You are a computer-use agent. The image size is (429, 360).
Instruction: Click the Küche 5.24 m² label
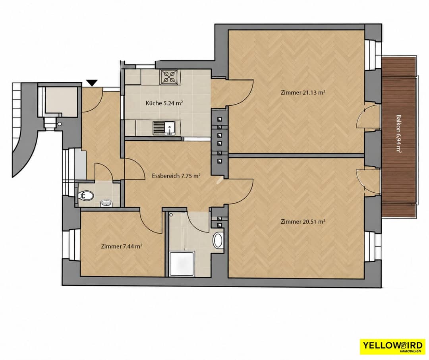(x=164, y=103)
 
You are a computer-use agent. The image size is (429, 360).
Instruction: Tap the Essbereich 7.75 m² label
(x=176, y=176)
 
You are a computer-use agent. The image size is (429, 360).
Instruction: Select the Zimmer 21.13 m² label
(x=303, y=93)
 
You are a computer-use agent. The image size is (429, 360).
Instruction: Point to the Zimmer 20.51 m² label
(x=303, y=221)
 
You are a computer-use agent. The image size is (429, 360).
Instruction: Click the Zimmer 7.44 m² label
(x=121, y=246)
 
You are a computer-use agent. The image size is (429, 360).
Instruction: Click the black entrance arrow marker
(x=92, y=83)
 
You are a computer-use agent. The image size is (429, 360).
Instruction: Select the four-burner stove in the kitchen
(x=170, y=76)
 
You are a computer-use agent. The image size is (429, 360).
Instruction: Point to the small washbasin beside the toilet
(x=106, y=203)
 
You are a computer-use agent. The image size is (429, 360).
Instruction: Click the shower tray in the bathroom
(x=182, y=263)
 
